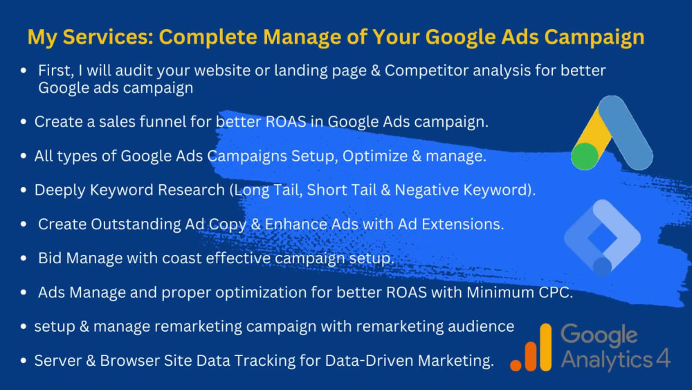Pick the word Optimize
click(x=375, y=156)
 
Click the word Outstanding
click(x=132, y=224)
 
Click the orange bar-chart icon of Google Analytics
click(x=532, y=350)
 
